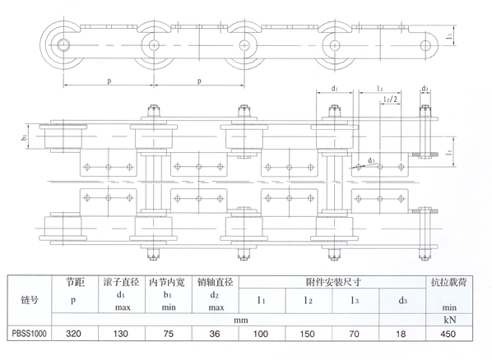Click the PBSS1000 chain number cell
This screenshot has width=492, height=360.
coord(29,334)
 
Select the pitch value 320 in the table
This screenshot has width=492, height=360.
coord(73,334)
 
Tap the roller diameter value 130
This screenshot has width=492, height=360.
coord(120,334)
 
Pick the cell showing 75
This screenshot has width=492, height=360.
coord(169,334)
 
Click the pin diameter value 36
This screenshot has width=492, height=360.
coord(215,334)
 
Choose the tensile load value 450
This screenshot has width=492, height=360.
coord(448,334)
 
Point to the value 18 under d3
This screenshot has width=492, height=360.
coord(401,334)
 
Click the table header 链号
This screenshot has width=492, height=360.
coord(29,300)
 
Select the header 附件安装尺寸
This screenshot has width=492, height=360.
coord(333,282)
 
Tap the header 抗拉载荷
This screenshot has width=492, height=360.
coord(448,282)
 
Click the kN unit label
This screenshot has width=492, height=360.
coord(450,320)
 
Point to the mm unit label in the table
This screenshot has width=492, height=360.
coord(241,321)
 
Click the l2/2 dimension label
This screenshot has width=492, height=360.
coord(390,99)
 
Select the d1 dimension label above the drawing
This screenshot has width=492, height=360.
coord(335,89)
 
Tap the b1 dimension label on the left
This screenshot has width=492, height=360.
coord(25,137)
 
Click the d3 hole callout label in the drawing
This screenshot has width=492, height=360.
coord(371,160)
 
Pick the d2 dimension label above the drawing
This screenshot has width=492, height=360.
coord(425,89)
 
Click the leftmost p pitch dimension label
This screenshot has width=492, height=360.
coord(109,81)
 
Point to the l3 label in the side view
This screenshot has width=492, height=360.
coord(449,37)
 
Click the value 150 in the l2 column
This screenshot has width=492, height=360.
coord(307,334)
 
